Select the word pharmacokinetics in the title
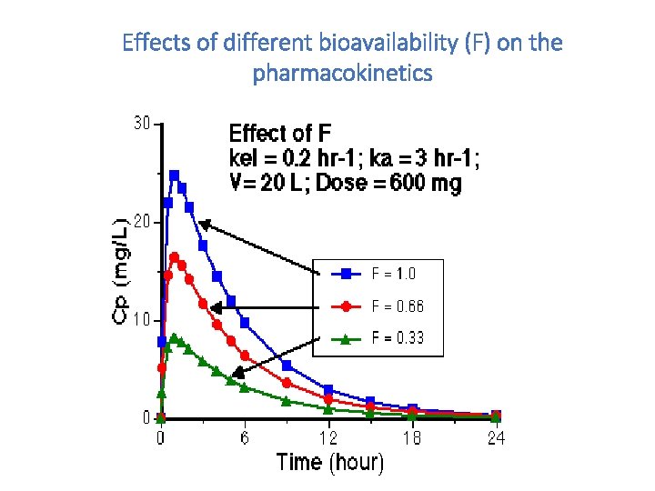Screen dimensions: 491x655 343,73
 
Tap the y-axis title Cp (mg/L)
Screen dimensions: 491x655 121,271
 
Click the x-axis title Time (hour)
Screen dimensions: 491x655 330,462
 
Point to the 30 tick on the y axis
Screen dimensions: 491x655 142,124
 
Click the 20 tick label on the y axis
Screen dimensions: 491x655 142,222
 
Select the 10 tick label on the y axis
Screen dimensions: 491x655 142,320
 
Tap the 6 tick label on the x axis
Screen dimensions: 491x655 246,438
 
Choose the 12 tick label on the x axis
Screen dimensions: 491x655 327,438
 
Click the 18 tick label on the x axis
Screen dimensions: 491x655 412,438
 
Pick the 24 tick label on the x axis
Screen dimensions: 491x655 495,438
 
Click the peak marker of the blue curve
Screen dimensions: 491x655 175,175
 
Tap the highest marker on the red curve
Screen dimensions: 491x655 175,257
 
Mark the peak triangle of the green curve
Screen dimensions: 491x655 175,338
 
